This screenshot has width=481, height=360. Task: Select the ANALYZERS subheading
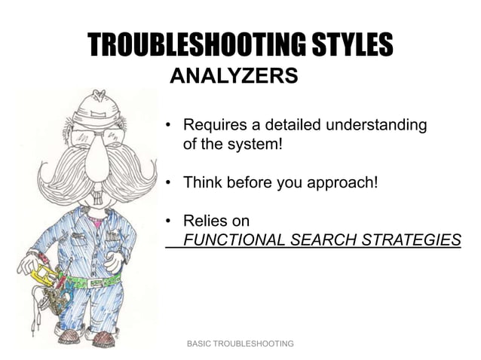pyautogui.click(x=234, y=76)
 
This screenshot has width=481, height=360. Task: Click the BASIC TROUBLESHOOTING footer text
pyautogui.click(x=240, y=343)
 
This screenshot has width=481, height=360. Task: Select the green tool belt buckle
pyautogui.click(x=96, y=284)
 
